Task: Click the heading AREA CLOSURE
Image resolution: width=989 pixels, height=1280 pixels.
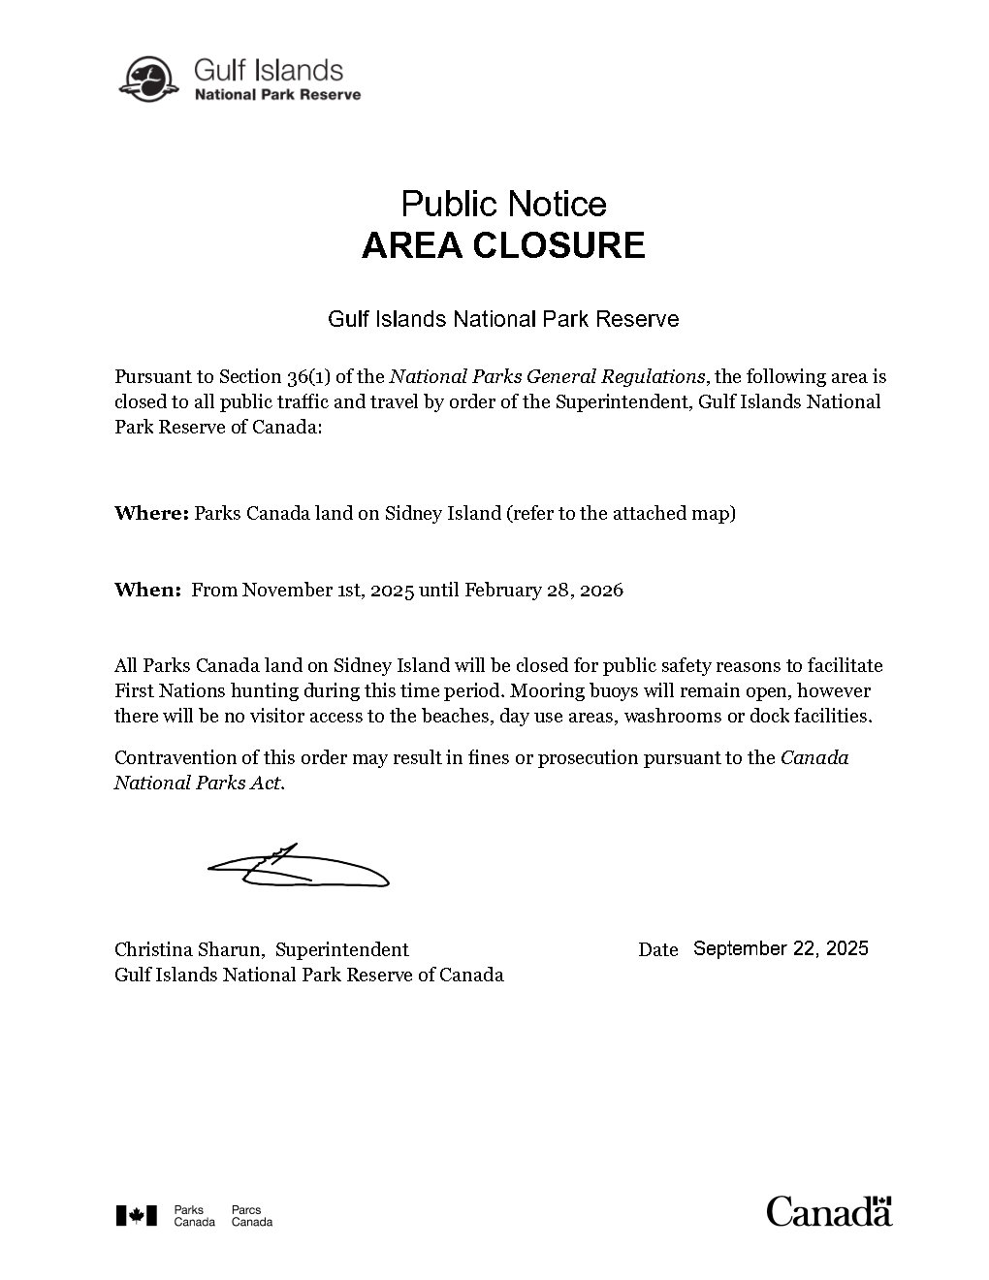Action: click(x=503, y=245)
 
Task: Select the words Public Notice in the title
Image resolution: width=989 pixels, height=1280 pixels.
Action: click(x=503, y=204)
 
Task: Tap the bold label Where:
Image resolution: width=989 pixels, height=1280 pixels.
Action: click(x=150, y=513)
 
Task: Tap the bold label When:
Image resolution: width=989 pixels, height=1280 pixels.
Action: click(x=147, y=590)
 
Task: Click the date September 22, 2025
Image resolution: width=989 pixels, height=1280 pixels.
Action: click(x=781, y=948)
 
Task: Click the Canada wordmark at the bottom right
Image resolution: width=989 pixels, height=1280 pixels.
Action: click(x=829, y=1211)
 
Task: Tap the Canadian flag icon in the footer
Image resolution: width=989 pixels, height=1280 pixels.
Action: click(x=136, y=1215)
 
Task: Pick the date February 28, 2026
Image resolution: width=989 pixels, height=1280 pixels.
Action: click(x=544, y=590)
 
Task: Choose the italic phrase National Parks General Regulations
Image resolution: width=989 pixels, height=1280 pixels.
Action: click(x=547, y=376)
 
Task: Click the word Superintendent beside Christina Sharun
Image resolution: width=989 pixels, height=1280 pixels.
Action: click(x=341, y=949)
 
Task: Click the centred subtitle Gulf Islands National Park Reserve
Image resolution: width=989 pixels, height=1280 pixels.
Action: click(x=503, y=318)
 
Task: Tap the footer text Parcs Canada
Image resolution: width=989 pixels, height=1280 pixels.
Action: click(x=251, y=1216)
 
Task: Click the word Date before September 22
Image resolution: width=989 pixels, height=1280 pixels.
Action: click(x=657, y=949)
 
